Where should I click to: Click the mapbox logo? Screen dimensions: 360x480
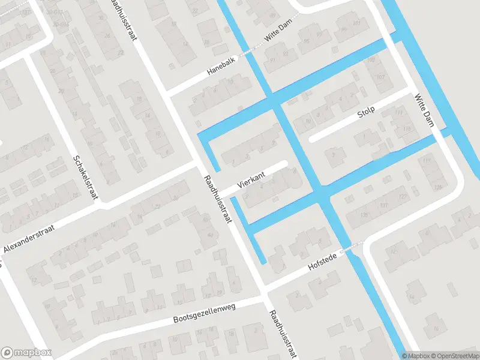click(26, 353)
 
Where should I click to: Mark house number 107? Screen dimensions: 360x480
click(380, 78)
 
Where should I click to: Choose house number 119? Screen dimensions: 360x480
click(427, 160)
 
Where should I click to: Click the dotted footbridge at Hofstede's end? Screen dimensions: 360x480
click(352, 247)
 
